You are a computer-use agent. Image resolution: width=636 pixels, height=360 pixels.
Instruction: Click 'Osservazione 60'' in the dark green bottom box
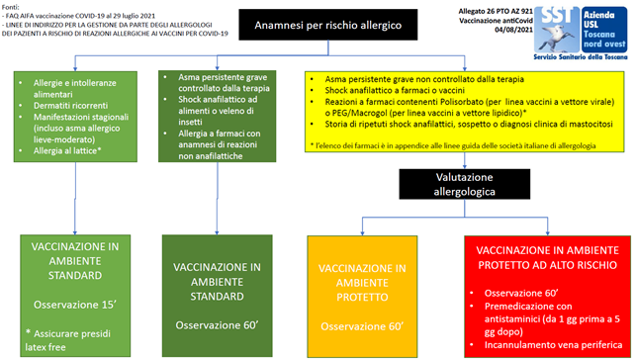coord(216,324)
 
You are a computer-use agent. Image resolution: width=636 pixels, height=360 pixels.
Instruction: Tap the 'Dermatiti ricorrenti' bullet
coord(69,102)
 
